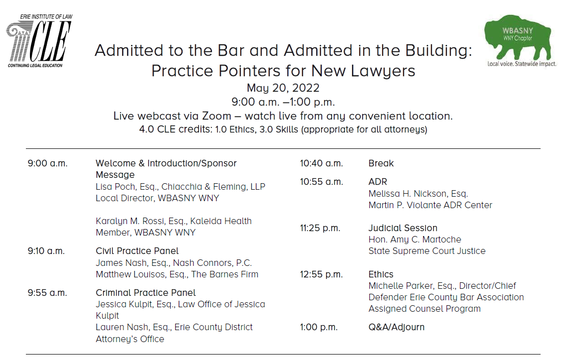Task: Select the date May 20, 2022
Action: click(283, 88)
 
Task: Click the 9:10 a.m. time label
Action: click(46, 251)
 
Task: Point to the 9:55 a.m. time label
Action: click(47, 293)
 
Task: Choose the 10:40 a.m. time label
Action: click(321, 163)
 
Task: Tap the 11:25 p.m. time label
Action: click(320, 228)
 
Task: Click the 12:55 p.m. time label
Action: click(321, 274)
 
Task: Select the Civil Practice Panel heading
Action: click(137, 251)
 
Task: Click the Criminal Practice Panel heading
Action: click(145, 293)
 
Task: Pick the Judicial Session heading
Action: click(403, 228)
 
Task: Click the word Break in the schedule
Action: click(381, 163)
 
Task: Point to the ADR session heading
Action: click(377, 182)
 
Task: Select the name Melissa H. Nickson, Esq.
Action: click(418, 194)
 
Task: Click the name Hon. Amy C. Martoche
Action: click(415, 240)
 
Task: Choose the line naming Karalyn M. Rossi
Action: click(173, 221)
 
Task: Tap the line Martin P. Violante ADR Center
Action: click(430, 205)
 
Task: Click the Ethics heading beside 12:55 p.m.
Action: click(381, 274)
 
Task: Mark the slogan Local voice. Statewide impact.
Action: click(522, 64)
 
